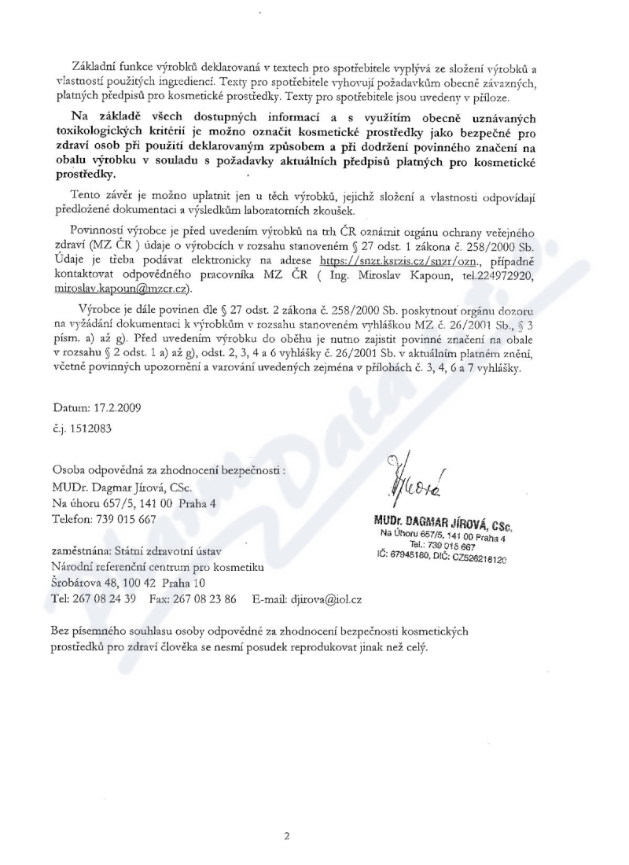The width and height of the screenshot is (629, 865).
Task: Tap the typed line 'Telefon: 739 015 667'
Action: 105,519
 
